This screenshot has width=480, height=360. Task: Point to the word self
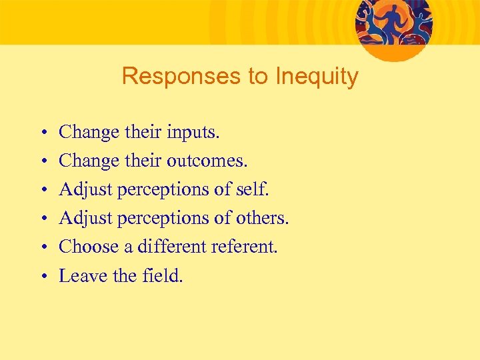coord(253,189)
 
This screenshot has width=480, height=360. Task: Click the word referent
coord(244,247)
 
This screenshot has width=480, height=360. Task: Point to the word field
coord(162,275)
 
